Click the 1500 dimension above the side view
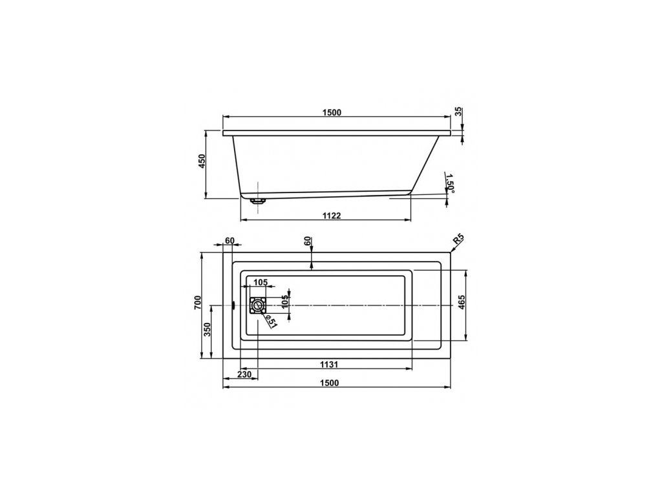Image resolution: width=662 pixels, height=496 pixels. pos(332,112)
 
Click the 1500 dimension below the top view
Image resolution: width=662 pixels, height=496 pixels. pos(329,383)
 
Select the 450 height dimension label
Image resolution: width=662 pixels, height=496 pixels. pos(202,161)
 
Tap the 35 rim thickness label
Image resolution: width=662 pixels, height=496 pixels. pos(459,112)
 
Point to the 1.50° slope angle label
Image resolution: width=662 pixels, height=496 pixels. pos(450,183)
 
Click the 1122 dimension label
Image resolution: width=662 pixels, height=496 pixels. pos(332,216)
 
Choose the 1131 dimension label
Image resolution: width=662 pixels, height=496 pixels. pos(329,364)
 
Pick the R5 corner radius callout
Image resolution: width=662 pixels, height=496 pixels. pos(458,240)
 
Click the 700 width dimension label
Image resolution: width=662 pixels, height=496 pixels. pos(198,303)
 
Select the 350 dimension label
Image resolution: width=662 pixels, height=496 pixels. pos(207,329)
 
